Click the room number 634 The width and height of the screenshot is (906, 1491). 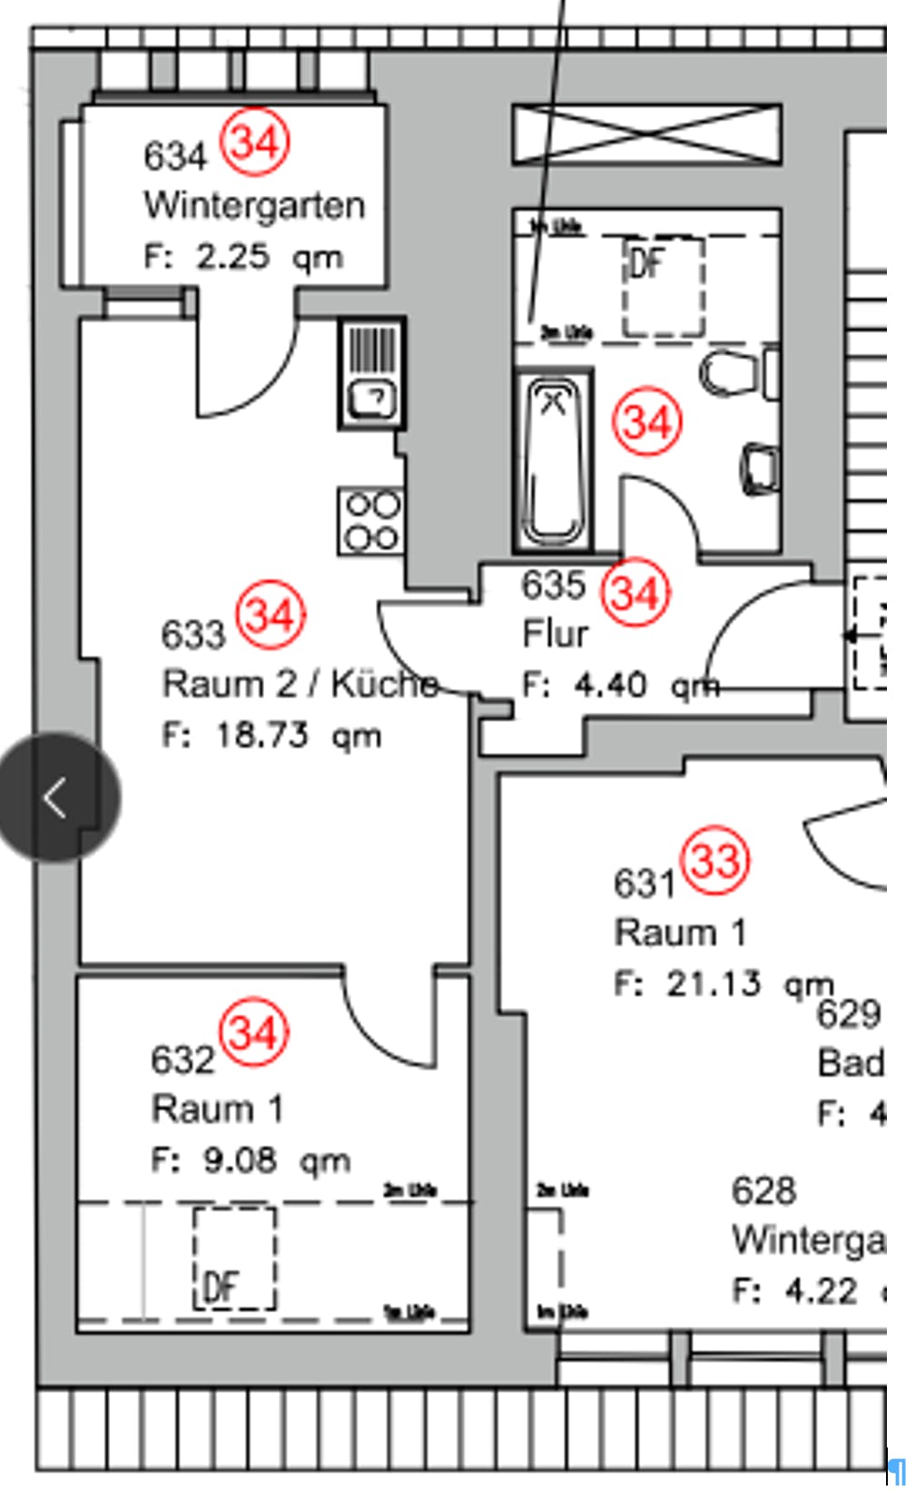(x=175, y=156)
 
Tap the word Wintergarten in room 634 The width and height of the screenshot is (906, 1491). (x=254, y=205)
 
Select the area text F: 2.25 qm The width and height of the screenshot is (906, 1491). (x=243, y=257)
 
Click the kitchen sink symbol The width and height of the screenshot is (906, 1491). (x=372, y=372)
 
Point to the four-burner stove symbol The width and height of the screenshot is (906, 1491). (x=370, y=520)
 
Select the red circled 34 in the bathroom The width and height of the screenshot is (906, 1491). (x=647, y=422)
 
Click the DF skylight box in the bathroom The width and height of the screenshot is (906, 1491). (x=663, y=286)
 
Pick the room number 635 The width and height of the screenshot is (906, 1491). (x=553, y=585)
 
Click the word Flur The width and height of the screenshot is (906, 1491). (x=556, y=634)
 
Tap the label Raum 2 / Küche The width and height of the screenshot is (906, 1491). (x=300, y=684)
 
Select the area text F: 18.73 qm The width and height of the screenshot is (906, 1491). (x=271, y=735)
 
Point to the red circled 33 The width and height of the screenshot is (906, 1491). (x=716, y=860)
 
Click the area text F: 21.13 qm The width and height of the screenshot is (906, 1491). (x=724, y=983)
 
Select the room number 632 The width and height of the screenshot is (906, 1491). (x=182, y=1059)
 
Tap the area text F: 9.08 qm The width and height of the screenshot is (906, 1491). (x=251, y=1160)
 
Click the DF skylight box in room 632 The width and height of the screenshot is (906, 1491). (x=234, y=1258)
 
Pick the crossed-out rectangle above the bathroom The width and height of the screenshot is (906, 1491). (x=646, y=134)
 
